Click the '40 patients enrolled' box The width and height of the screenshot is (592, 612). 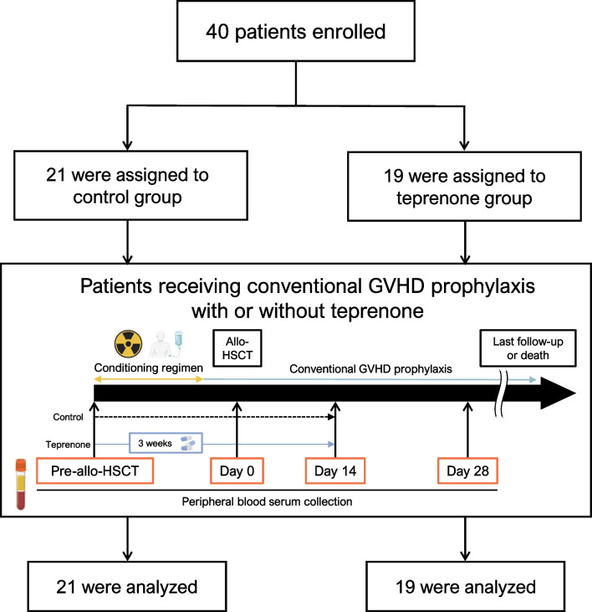(x=296, y=31)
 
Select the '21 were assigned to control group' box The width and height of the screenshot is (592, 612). (x=130, y=185)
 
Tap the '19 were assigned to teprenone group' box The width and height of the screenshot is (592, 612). (x=464, y=187)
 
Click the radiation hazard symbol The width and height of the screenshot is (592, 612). (x=128, y=344)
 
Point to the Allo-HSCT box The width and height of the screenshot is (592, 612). (x=237, y=348)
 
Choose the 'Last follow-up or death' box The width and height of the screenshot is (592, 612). (x=528, y=348)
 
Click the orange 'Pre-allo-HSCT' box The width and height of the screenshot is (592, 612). (x=94, y=471)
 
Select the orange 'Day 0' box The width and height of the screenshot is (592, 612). (x=237, y=471)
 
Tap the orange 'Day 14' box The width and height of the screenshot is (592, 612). (x=335, y=471)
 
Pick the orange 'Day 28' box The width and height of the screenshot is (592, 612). (x=467, y=471)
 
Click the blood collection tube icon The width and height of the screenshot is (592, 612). (x=21, y=485)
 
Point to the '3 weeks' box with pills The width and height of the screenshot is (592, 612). (x=166, y=443)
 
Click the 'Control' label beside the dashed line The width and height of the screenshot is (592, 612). (x=68, y=417)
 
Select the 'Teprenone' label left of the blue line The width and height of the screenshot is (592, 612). (x=68, y=445)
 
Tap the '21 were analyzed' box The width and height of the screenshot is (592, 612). (x=127, y=587)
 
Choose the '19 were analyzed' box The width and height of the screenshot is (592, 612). (x=466, y=587)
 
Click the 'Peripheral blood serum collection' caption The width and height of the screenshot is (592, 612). (x=267, y=501)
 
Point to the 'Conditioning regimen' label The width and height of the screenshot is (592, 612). (x=149, y=368)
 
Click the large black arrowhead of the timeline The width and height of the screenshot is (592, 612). (x=558, y=393)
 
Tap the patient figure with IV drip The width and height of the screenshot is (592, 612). (x=166, y=344)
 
